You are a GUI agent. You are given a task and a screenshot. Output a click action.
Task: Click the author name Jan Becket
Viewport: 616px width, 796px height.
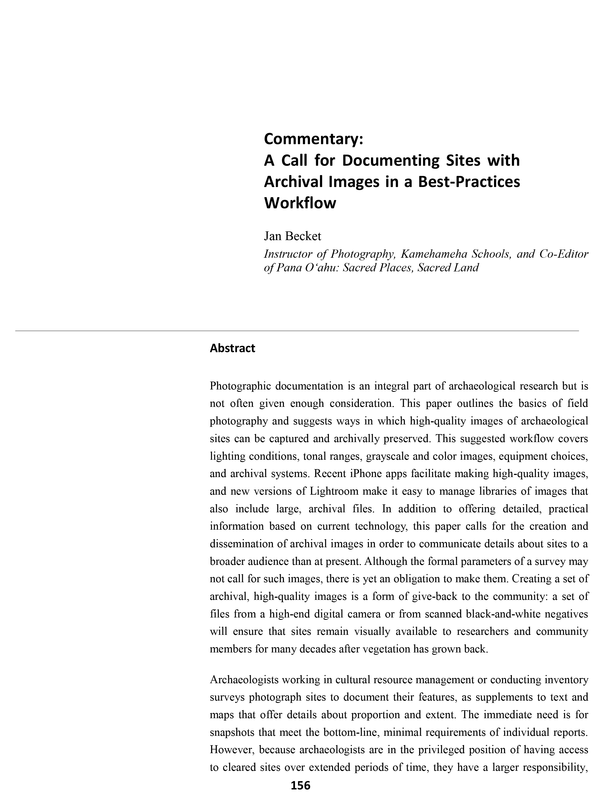click(x=292, y=236)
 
